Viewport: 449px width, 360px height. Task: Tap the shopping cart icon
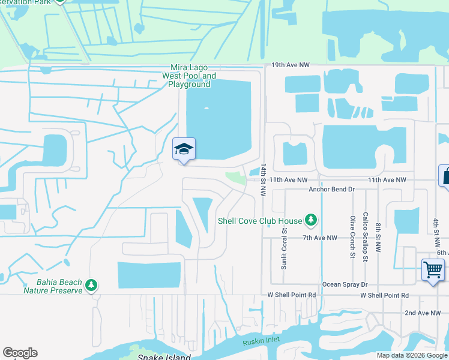(432, 269)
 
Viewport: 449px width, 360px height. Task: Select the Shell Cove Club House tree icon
(311, 221)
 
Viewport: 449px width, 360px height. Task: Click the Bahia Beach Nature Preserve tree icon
(91, 284)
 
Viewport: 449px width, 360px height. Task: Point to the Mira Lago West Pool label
(189, 76)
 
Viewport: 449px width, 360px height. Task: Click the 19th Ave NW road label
(289, 64)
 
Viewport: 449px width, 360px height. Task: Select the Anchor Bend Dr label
(332, 190)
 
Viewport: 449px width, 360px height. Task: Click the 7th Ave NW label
(320, 238)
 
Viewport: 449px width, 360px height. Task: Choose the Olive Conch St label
(352, 237)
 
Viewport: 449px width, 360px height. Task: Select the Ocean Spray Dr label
(345, 284)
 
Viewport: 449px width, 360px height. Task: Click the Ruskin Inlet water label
(262, 343)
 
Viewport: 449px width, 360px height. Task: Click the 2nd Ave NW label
(426, 313)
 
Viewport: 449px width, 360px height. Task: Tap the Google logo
(20, 353)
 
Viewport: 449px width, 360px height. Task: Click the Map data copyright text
(412, 355)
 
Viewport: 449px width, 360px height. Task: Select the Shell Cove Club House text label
(261, 221)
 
